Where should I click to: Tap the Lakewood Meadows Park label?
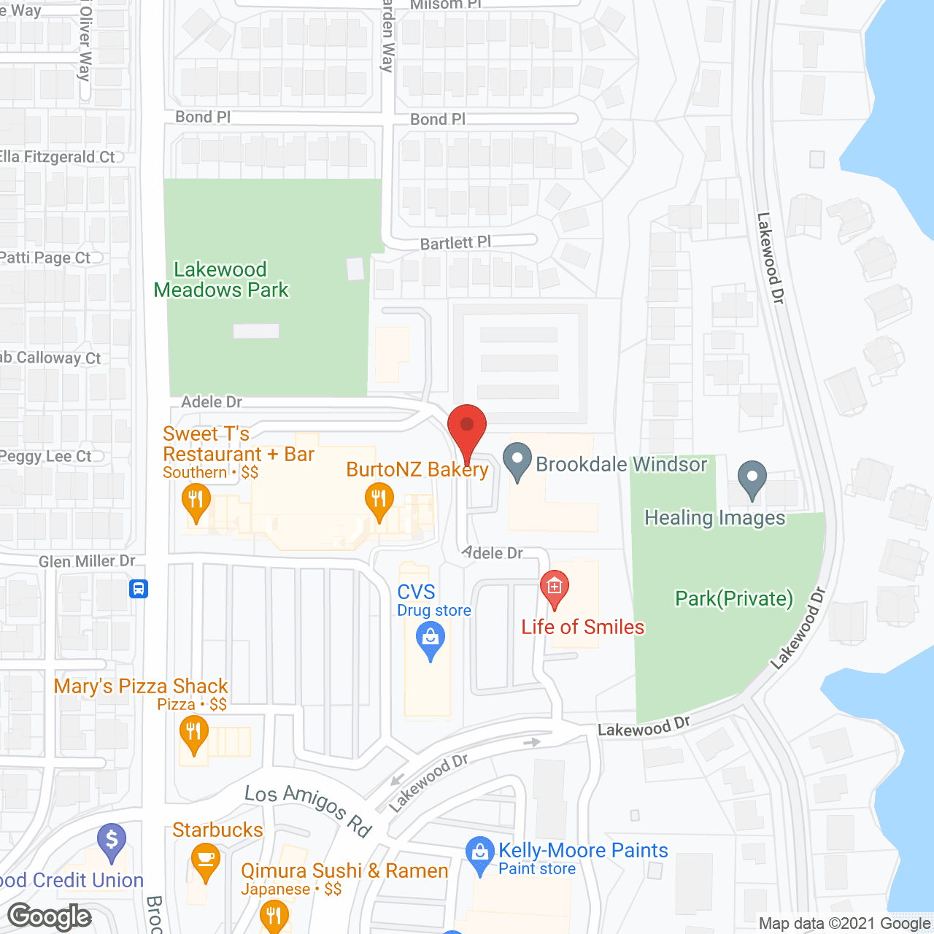(221, 280)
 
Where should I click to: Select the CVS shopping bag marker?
(431, 639)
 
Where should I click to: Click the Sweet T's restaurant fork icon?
(196, 501)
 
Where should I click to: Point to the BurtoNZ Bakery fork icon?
(379, 501)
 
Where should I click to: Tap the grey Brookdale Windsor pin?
(517, 461)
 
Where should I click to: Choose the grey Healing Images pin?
(752, 479)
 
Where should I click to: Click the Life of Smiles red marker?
(555, 587)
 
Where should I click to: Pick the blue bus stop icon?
(139, 588)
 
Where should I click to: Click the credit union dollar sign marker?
(111, 841)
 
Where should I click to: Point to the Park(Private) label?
(733, 599)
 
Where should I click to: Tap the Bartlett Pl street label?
(455, 243)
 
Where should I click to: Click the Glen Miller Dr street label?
(87, 561)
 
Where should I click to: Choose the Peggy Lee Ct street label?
(46, 457)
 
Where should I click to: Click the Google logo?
(50, 916)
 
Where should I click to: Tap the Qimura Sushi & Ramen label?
(344, 871)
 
